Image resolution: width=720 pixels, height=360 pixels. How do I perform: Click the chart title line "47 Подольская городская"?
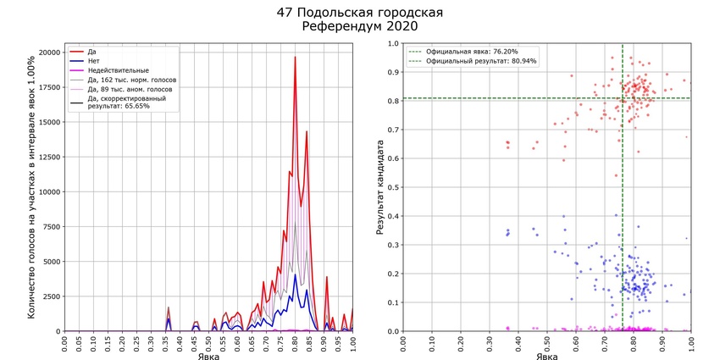coord(359,14)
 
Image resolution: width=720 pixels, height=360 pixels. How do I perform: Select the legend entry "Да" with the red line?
coord(91,52)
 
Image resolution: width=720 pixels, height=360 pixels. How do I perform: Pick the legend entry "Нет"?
coord(93,61)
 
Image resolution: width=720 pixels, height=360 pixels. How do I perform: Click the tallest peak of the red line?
coord(295,58)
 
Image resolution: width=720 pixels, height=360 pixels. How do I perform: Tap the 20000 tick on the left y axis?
coord(50,53)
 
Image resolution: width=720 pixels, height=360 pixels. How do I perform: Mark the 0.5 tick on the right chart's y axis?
coord(394,187)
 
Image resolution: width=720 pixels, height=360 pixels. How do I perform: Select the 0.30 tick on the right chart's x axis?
coord(490,344)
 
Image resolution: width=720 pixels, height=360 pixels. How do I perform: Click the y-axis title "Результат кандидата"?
coord(381,187)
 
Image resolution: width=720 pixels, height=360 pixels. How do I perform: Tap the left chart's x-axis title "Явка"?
coord(208,356)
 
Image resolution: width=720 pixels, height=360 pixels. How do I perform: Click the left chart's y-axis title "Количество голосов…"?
coord(31,187)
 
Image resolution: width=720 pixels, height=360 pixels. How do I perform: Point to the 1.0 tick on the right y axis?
coord(394,44)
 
